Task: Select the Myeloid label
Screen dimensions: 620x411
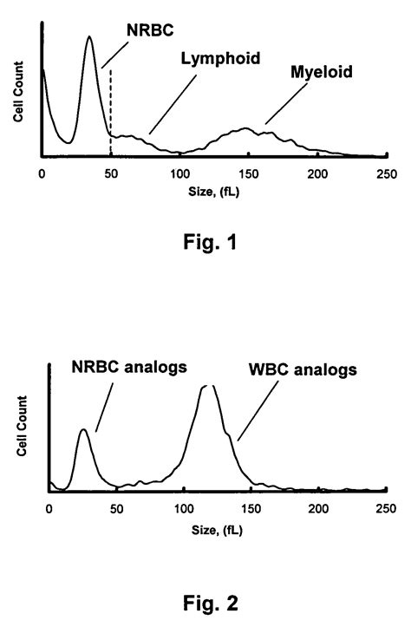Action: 320,73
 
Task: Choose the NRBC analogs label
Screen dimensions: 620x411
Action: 129,368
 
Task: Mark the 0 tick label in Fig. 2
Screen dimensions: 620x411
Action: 49,507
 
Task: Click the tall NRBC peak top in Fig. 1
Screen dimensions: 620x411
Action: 89,36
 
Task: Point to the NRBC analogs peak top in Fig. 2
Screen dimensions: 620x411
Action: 82,429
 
